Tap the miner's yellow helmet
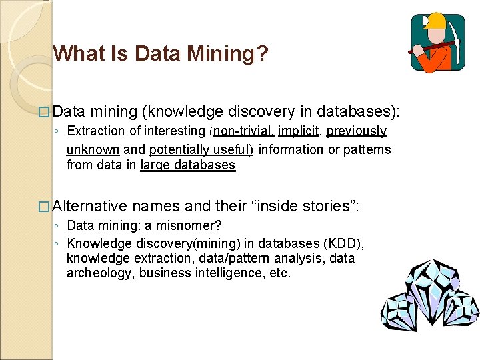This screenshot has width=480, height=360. tap(436, 21)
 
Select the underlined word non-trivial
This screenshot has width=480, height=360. tap(243, 131)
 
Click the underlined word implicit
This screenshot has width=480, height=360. tap(299, 131)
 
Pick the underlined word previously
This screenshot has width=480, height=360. tap(357, 131)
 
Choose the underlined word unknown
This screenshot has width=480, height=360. tap(93, 149)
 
